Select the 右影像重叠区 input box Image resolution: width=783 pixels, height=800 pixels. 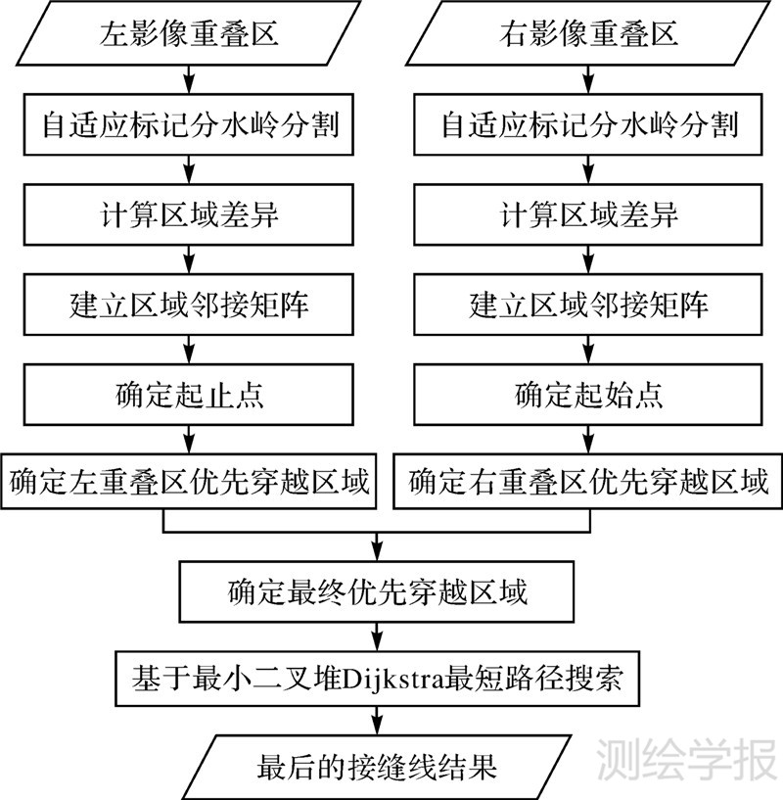pos(589,35)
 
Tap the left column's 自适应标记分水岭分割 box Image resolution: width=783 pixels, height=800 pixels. pos(190,124)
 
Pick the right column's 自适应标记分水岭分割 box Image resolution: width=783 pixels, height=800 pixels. pos(589,124)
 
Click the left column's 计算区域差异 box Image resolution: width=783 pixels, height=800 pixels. pos(190,214)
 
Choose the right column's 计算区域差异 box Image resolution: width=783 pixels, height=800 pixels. pos(589,214)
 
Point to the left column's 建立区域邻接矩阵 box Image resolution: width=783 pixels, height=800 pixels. pos(190,304)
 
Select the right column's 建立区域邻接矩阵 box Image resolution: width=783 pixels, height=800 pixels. pos(589,304)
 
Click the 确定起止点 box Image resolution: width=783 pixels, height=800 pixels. pos(190,394)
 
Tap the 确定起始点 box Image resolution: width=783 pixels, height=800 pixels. pos(589,394)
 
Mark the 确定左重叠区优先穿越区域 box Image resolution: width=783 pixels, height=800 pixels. pos(190,482)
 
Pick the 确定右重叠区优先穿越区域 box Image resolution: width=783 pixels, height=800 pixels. pos(589,482)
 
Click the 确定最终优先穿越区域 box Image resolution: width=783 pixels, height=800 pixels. pos(378,591)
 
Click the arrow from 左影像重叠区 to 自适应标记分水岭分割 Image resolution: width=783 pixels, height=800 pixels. pos(190,80)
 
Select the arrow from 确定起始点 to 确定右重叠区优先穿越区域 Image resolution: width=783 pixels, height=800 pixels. pos(589,438)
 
